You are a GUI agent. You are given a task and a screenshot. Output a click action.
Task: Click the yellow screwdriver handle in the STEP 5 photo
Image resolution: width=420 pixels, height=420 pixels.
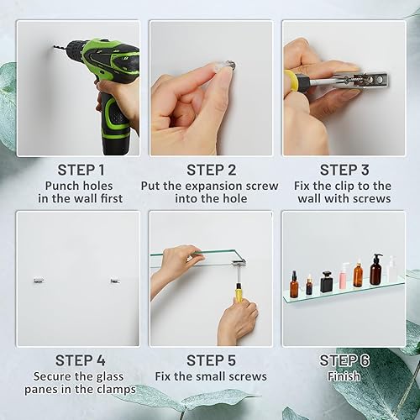[x=239, y=291]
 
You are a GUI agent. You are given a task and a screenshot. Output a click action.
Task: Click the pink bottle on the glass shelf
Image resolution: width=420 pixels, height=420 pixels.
[x=344, y=275]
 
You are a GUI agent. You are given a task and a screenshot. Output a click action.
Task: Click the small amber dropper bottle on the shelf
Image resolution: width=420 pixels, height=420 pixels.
[x=309, y=286]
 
